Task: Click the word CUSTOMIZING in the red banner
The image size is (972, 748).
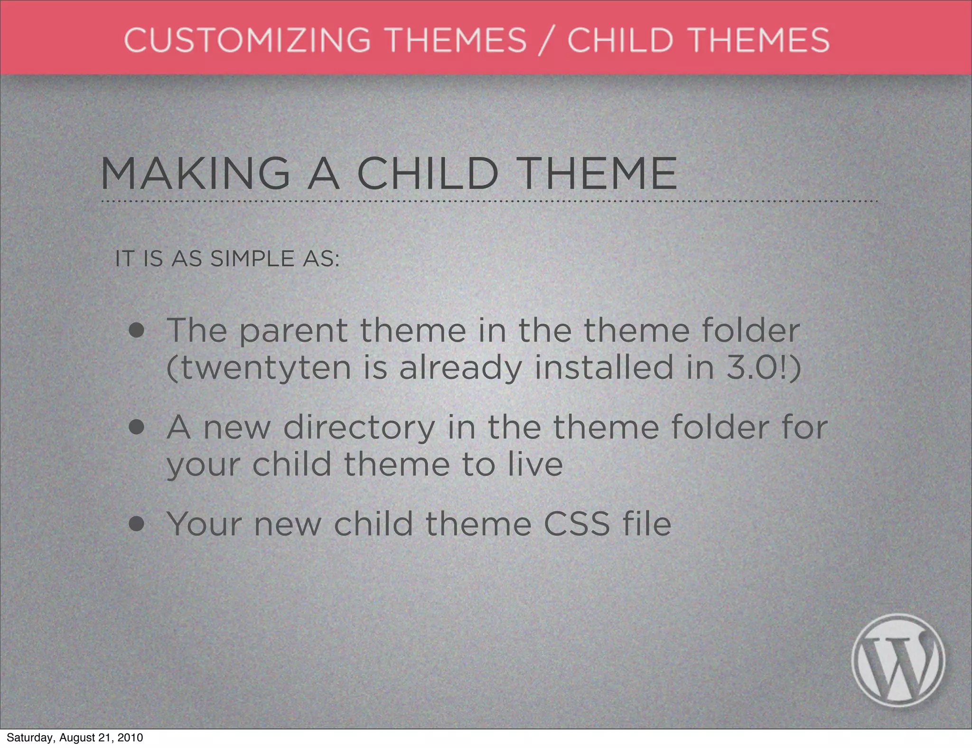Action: (247, 39)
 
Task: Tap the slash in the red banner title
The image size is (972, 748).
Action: (547, 40)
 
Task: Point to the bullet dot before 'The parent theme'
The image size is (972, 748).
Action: (137, 331)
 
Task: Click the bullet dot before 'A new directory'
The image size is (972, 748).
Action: (137, 428)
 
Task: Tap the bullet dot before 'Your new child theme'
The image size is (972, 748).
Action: (137, 524)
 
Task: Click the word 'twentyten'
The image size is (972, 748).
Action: (266, 368)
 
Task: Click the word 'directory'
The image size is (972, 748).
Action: (359, 428)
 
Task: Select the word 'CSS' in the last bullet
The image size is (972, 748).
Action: (576, 524)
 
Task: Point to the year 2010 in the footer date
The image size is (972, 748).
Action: (130, 738)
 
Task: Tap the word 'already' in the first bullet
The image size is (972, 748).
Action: (460, 368)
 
